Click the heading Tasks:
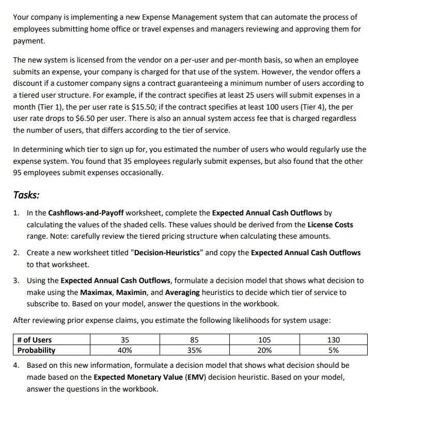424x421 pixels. click(x=26, y=195)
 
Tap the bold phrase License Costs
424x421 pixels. click(x=330, y=225)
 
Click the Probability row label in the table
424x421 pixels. click(x=36, y=350)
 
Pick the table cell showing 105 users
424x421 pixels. click(x=263, y=340)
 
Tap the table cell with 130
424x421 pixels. click(x=333, y=340)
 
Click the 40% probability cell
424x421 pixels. click(x=124, y=350)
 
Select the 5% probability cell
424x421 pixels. click(x=333, y=350)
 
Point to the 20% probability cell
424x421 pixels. click(x=263, y=350)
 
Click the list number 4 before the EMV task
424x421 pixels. click(x=17, y=365)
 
